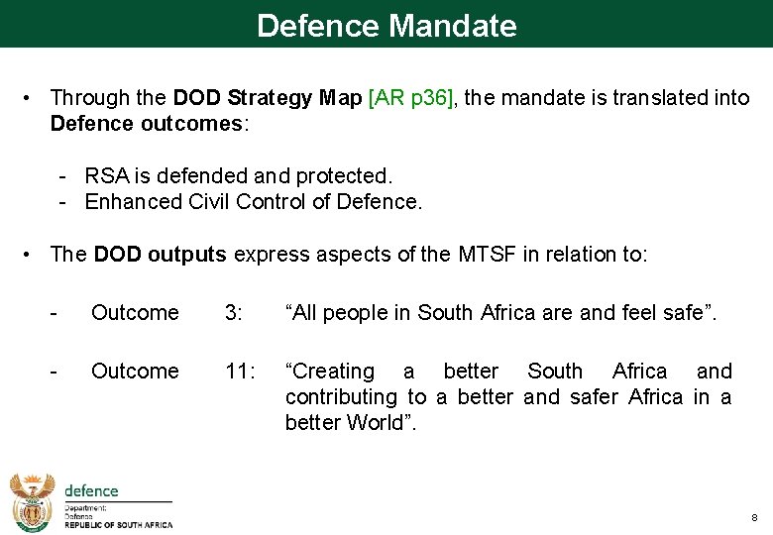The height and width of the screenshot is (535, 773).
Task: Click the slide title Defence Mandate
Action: pyautogui.click(x=386, y=25)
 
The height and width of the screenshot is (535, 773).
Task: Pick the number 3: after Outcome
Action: pyautogui.click(x=234, y=313)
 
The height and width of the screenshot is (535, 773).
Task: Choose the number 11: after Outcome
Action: pyautogui.click(x=240, y=372)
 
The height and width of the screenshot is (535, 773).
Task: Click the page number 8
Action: pyautogui.click(x=754, y=517)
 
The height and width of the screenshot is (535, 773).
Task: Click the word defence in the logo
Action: pyautogui.click(x=91, y=491)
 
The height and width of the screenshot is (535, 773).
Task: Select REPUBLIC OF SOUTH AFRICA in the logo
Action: pyautogui.click(x=118, y=525)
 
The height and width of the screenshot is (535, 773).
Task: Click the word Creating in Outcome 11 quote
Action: pyautogui.click(x=330, y=372)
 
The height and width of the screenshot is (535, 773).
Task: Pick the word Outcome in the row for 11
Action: pyautogui.click(x=135, y=372)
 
